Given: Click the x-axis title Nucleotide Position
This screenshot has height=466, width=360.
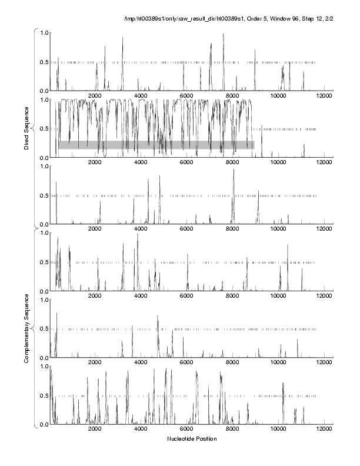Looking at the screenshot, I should (x=191, y=439).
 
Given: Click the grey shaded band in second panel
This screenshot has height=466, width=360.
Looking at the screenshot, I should (x=156, y=145).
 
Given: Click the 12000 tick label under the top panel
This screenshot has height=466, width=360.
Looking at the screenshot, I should (x=323, y=96).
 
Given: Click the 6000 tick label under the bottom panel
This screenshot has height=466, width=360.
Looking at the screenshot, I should (x=186, y=430).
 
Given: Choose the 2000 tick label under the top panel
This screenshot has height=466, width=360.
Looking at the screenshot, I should (x=95, y=96).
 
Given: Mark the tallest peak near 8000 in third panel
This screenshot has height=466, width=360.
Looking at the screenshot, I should (x=234, y=170).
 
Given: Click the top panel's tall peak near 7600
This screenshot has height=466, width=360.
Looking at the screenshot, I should (x=224, y=35).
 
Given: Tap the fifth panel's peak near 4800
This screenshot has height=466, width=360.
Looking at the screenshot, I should (x=158, y=317).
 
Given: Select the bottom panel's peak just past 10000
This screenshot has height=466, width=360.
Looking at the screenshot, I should (x=283, y=384).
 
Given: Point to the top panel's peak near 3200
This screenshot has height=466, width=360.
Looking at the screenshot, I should (x=122, y=38).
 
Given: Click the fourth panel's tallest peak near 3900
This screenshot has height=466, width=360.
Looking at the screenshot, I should (x=138, y=234).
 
